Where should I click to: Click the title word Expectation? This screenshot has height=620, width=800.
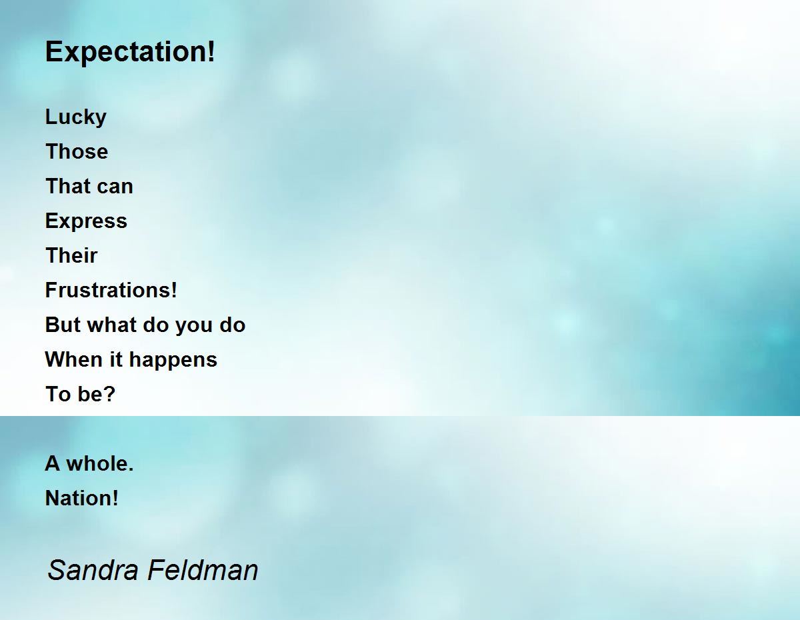(x=130, y=52)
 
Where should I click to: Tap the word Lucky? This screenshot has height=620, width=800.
(x=76, y=117)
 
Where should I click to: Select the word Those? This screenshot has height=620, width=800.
(x=77, y=151)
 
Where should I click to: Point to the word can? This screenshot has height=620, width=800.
(x=115, y=187)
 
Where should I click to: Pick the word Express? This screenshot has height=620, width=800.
(x=86, y=221)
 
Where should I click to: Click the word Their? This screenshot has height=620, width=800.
(x=71, y=255)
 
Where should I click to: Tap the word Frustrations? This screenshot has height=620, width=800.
(x=111, y=290)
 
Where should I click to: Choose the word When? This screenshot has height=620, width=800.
(x=74, y=359)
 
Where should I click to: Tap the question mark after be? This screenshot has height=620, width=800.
(x=109, y=394)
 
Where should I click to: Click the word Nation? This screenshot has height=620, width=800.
(x=82, y=498)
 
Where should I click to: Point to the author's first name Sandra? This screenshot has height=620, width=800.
(x=93, y=570)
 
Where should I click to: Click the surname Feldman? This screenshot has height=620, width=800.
(x=203, y=570)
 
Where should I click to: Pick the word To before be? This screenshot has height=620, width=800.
(x=58, y=394)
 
